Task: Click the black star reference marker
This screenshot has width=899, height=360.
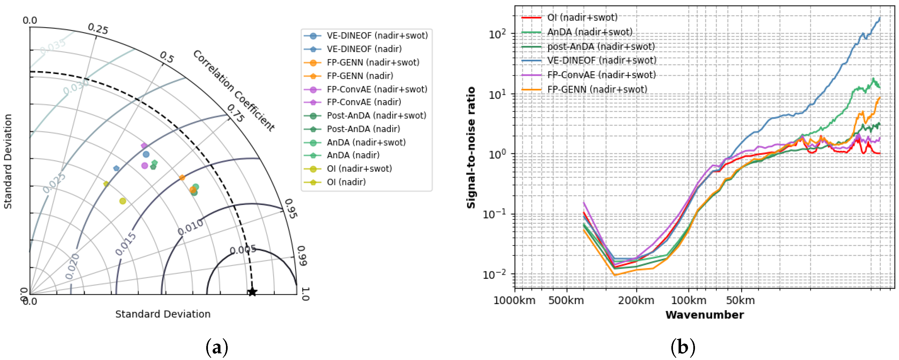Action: click(x=252, y=292)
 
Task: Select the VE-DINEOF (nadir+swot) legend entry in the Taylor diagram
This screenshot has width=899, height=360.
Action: click(x=377, y=36)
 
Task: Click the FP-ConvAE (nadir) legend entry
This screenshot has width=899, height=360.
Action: click(x=364, y=102)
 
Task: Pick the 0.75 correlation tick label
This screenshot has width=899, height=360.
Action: click(x=235, y=114)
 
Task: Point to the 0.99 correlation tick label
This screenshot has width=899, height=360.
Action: click(x=302, y=256)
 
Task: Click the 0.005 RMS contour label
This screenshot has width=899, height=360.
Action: click(x=243, y=250)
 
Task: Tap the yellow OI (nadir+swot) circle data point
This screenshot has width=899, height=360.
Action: click(x=122, y=201)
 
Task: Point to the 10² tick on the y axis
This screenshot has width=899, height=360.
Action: click(x=497, y=34)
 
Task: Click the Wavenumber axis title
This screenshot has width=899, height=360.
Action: click(x=704, y=315)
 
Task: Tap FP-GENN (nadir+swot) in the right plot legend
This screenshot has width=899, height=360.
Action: click(x=597, y=90)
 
